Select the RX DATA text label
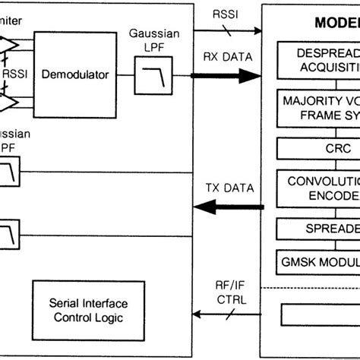[x=227, y=57]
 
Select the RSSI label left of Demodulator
[x=14, y=74]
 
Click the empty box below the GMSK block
[x=319, y=314]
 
